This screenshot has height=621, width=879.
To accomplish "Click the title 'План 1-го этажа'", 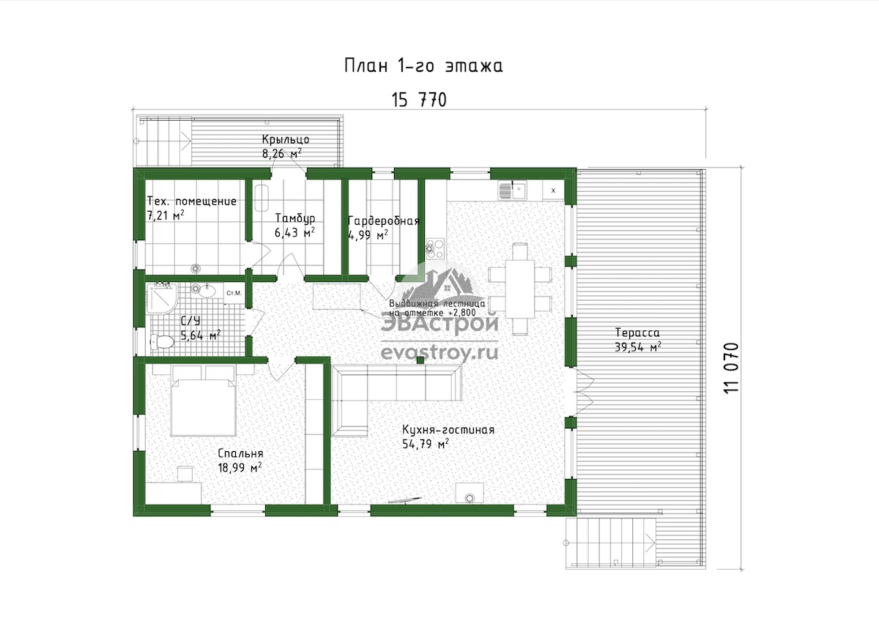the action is coord(423,65).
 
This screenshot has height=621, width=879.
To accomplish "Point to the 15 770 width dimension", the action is coord(419,100).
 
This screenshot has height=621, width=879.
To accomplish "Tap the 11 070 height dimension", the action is coord(731,368).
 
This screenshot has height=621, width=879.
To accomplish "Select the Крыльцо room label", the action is coord(286,139).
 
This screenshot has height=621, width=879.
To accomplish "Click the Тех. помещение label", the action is coord(191,201).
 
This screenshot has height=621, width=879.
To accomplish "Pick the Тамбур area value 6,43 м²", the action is coord(294,232).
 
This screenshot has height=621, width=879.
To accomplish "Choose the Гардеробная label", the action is coord(384,221).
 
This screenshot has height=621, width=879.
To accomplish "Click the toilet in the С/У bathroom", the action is coord(162,341).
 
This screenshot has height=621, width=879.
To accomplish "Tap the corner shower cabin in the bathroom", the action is coord(162,299).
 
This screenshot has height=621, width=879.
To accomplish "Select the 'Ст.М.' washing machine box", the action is coord(234,293).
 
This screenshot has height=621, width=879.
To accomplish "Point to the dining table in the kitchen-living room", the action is coord(519,289).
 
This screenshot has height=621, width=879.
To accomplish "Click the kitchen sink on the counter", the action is coord(513,190).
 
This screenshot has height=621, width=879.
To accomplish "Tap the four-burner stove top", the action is coord(436,248).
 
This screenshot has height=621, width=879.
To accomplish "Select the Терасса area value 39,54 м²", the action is coord(638,347).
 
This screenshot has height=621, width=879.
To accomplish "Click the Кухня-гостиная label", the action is coord(448,430).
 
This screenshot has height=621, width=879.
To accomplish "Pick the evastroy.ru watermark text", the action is coord(439,352).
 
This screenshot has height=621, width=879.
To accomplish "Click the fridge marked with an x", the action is coord(553,190).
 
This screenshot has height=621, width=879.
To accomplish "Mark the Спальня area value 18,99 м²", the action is coord(240,468).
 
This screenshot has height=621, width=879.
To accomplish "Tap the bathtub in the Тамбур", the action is coord(262,198).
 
